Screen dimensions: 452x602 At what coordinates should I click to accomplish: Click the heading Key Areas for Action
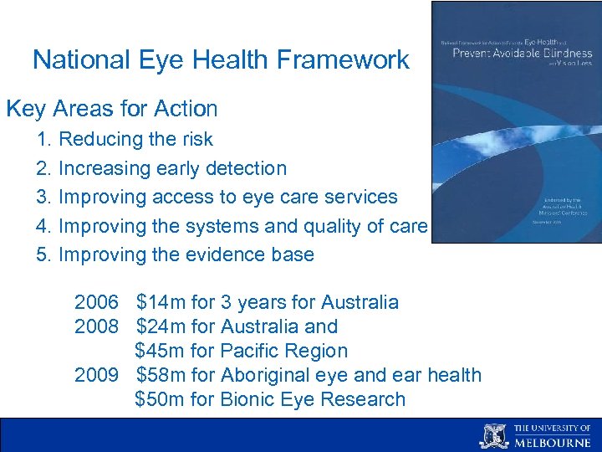(112, 109)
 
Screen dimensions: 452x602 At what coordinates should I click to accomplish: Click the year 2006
(96, 302)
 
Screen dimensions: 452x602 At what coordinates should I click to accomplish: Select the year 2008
(96, 326)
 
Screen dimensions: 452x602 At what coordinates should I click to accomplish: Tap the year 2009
(96, 375)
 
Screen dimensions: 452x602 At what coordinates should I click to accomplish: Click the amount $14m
(161, 302)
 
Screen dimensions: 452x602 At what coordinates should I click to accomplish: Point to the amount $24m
(161, 326)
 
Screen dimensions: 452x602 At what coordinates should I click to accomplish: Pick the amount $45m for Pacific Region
(161, 351)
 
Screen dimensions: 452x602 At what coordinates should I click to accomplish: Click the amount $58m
(161, 375)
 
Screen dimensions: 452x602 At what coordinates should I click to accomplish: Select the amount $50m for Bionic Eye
(161, 399)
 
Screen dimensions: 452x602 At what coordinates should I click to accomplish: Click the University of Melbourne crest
(493, 436)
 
